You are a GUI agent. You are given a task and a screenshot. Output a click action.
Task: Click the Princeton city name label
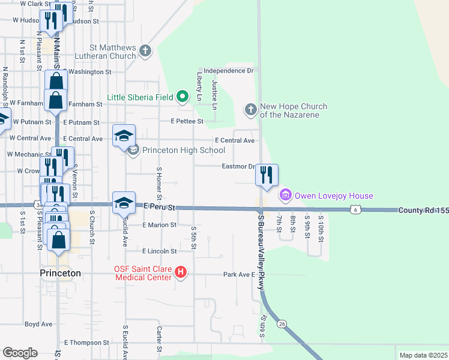(x=60, y=273)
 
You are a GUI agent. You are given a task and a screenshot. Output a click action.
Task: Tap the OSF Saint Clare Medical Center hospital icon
(x=181, y=274)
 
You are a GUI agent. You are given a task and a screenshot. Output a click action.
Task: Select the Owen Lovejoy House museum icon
(x=285, y=196)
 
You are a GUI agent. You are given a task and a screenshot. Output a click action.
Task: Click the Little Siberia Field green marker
(x=183, y=97)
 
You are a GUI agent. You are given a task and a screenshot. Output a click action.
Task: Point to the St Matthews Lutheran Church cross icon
(x=145, y=51)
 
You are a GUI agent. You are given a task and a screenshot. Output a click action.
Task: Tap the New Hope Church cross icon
(x=251, y=110)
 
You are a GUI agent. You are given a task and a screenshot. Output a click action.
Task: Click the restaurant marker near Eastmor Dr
(x=267, y=175)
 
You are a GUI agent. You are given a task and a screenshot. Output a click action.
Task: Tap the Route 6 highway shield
(x=356, y=209)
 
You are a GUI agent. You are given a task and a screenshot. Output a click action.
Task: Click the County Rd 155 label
(x=423, y=211)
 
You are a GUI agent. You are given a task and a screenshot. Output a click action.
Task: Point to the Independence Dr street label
(x=229, y=71)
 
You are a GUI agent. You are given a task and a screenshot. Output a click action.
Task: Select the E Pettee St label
(x=187, y=121)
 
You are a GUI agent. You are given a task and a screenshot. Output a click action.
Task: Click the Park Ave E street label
(x=235, y=274)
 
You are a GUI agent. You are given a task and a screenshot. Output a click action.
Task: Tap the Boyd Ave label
(x=38, y=324)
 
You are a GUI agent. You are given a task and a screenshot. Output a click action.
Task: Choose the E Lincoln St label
(x=160, y=251)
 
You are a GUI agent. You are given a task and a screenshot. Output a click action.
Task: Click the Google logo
(x=20, y=353)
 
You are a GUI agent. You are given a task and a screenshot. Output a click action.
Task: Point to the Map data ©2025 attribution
(x=423, y=355)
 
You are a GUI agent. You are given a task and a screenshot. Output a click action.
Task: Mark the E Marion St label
(x=160, y=225)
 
